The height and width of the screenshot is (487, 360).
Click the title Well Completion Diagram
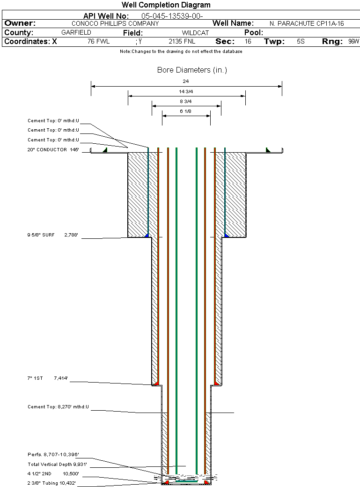pos(166,5)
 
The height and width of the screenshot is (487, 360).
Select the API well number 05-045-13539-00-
pos(172,16)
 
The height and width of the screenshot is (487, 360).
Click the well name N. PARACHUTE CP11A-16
pos(307,23)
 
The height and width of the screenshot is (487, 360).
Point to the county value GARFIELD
pos(76,33)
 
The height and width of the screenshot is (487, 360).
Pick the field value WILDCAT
pos(195,33)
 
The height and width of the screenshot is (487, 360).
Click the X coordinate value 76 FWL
pos(98,42)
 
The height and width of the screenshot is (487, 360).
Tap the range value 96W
pos(353,42)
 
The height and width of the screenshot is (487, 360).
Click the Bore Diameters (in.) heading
pos(192,70)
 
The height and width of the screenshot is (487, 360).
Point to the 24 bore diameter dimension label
pos(186,81)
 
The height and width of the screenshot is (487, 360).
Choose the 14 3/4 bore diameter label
pos(186,91)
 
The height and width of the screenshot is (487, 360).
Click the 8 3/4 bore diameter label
pos(186,102)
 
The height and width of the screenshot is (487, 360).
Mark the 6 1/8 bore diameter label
pos(186,111)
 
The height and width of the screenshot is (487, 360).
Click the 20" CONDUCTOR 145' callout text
pos(53,150)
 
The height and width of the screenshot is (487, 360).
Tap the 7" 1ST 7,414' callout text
pos(48,378)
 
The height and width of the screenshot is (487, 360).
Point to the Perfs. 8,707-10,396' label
pos(53,455)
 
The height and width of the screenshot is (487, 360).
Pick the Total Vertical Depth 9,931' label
pos(58,464)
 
